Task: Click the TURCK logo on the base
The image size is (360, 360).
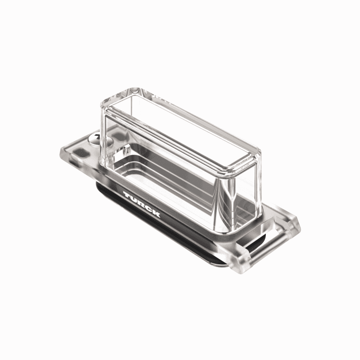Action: pos(142,204)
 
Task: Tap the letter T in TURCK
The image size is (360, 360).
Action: pos(127,195)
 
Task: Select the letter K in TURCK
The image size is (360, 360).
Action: pos(156,214)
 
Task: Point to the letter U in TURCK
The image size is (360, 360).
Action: pos(134,199)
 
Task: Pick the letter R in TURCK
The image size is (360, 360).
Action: pos(141,204)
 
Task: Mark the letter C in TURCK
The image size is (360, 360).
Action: pos(148,209)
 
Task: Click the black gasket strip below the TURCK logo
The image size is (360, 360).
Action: pos(154,226)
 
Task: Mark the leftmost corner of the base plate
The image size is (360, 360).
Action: pos(60,152)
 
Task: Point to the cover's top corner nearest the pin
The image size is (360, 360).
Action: pos(257,154)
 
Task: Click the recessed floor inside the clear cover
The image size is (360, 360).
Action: pos(170,175)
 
